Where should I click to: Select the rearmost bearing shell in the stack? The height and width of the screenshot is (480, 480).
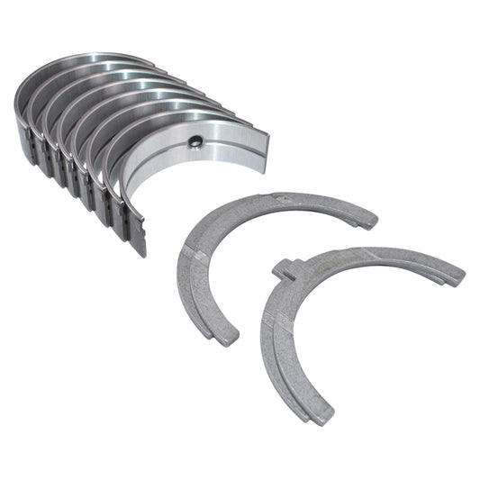36,90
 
